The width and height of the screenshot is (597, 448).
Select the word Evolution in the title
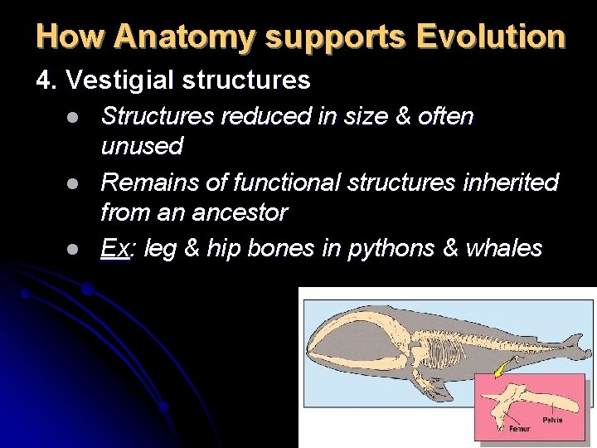[x=491, y=37]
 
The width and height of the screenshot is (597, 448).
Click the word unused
[x=141, y=147]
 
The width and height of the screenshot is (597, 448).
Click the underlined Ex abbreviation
[x=115, y=247]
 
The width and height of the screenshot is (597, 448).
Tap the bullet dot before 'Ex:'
[x=74, y=249]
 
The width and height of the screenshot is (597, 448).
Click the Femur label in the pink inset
[x=519, y=429]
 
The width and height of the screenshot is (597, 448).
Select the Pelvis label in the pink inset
[x=553, y=419]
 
